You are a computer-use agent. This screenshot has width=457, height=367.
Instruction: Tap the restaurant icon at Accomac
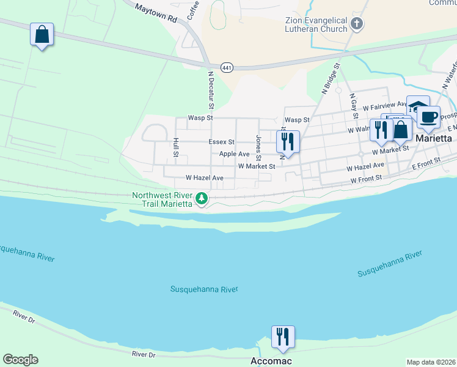283,337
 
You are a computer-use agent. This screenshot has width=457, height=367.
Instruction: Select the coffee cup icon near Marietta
428,116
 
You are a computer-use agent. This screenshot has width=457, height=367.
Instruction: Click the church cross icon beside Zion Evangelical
357,25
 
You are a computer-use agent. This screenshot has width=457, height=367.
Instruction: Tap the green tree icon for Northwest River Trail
201,198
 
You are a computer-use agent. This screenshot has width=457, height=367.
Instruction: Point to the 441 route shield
227,67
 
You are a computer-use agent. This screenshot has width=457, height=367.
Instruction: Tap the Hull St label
175,147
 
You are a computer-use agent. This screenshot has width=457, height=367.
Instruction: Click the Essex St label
221,142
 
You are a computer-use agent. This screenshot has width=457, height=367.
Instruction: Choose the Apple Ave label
234,154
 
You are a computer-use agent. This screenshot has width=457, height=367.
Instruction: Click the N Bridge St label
330,78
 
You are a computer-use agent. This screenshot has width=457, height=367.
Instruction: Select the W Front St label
366,179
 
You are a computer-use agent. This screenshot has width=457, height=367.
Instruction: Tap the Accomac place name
271,361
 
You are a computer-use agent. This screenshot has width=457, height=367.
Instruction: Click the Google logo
20,360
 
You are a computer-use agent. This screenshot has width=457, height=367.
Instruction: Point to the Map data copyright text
430,362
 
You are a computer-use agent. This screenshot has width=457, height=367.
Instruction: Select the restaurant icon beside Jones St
287,142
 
